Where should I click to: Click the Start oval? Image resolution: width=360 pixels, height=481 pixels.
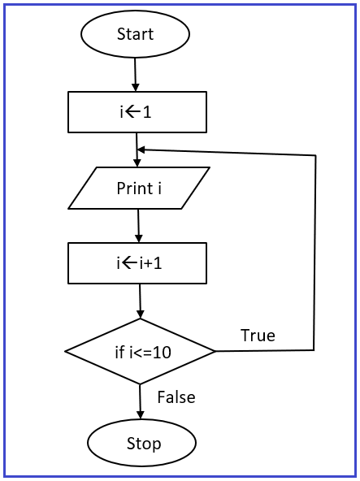tap(135, 34)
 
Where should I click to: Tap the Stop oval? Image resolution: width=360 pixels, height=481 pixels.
tap(141, 443)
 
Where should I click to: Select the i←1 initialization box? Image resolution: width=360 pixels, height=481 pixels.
tap(137, 112)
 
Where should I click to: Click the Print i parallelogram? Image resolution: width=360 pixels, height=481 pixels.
tap(139, 188)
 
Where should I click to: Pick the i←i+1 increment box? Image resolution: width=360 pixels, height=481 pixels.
tap(137, 263)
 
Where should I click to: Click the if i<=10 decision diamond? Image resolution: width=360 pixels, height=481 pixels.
tap(141, 351)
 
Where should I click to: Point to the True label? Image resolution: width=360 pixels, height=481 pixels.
tap(258, 335)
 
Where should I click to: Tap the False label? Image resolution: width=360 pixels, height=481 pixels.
tap(176, 397)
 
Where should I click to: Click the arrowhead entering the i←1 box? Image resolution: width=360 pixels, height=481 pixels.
tap(136, 87)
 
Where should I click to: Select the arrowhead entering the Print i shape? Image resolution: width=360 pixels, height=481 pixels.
tap(137, 162)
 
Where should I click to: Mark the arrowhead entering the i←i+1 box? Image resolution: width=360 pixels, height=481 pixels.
tap(139, 238)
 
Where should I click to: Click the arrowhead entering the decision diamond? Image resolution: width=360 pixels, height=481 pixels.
tap(141, 314)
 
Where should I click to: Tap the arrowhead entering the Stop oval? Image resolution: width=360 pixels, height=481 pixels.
tap(141, 414)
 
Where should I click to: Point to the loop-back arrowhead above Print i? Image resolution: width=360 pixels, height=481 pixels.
tap(141, 150)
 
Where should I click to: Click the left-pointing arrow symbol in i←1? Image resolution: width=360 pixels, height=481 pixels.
tap(131, 112)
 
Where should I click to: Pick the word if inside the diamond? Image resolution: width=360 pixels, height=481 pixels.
tap(120, 353)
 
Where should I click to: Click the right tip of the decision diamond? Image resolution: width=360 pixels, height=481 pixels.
tap(216, 351)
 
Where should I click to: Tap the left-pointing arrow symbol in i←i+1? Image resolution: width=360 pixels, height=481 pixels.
tap(128, 263)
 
